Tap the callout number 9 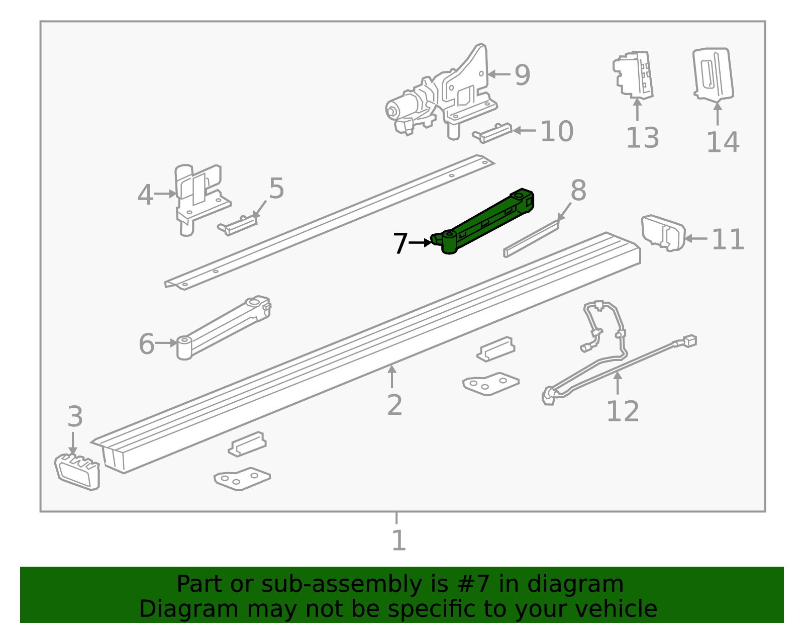click(522, 75)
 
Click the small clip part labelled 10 click(492, 133)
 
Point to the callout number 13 click(642, 138)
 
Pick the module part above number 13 click(633, 74)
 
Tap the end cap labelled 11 click(663, 233)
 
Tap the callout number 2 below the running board click(394, 405)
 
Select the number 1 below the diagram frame click(398, 541)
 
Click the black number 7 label click(400, 243)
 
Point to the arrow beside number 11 click(696, 239)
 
